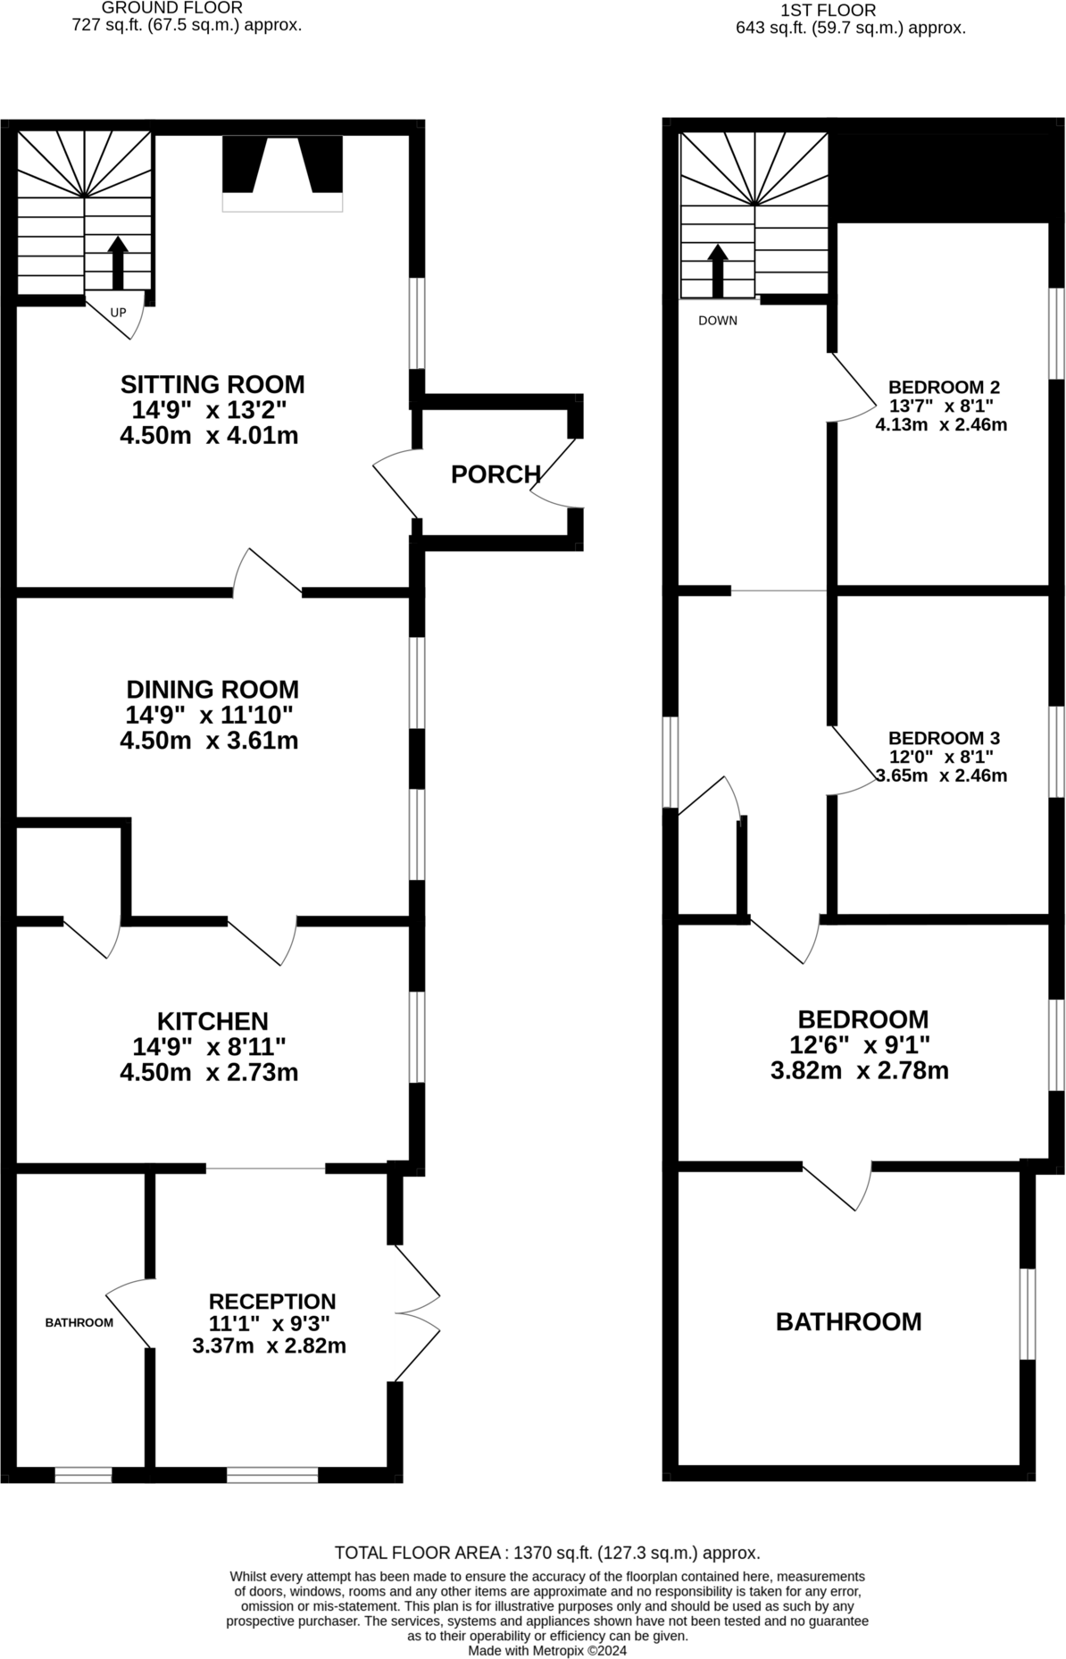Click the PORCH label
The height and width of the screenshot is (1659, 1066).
496,474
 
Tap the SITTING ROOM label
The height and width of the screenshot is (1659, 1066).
212,384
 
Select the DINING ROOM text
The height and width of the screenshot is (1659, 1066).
212,689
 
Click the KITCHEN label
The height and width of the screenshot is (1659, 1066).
212,1020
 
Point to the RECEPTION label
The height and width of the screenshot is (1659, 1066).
272,1302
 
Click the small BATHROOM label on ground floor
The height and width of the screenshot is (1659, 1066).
79,1322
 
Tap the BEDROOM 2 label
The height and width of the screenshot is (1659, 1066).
944,387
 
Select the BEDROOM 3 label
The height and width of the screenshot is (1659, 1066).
944,738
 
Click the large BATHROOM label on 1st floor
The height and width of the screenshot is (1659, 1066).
848,1321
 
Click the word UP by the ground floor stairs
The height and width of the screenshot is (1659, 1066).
118,313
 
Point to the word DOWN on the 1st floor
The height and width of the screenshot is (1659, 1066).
718,321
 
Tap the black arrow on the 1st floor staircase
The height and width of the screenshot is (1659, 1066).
717,270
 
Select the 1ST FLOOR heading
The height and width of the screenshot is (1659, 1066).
828,11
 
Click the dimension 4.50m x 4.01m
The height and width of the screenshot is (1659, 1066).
209,436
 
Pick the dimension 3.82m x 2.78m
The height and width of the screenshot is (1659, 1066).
859,1070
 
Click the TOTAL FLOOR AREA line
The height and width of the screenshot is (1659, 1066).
546,1553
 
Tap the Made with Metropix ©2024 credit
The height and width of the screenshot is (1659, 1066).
546,1651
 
